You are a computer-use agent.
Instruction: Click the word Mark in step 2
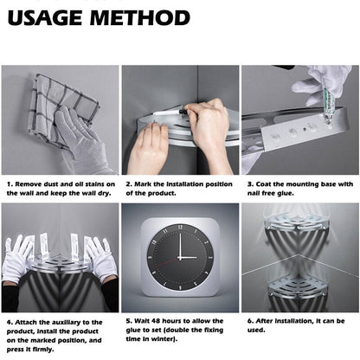144,184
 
